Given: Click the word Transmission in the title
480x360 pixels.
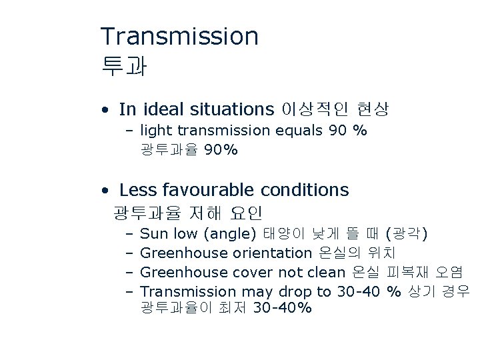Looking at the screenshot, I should [179, 37].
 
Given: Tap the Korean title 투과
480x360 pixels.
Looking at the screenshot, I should [123, 66].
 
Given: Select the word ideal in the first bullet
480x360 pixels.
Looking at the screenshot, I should [162, 109].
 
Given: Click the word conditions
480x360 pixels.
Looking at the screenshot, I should [305, 190].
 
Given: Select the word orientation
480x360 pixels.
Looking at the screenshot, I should [271, 253].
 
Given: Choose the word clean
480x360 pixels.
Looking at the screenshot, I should [325, 272].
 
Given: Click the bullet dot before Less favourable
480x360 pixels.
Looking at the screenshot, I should [106, 191].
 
